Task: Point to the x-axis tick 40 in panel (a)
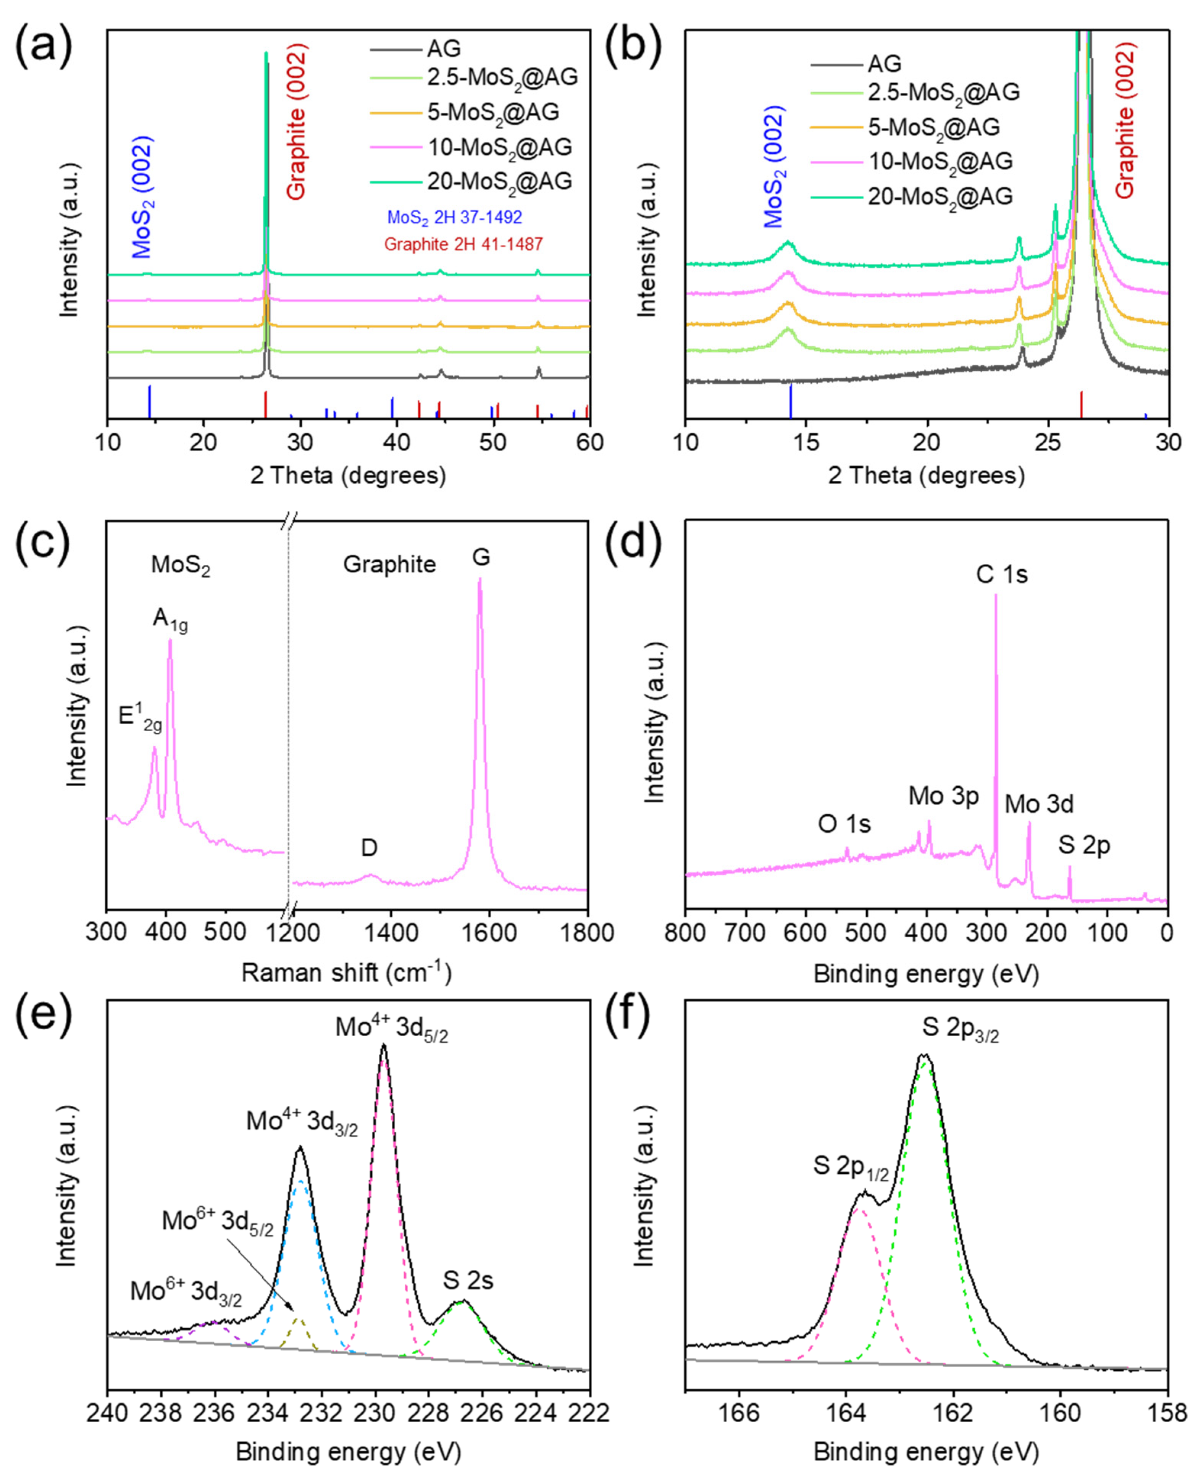[396, 442]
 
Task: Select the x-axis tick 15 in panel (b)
[806, 442]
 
